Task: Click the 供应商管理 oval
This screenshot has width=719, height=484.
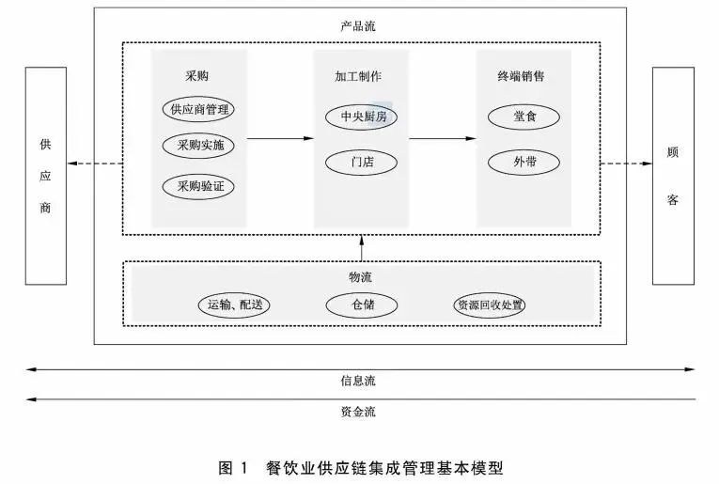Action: (x=197, y=110)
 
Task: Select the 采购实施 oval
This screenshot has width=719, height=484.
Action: (x=197, y=147)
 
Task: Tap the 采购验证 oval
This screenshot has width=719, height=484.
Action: (x=197, y=186)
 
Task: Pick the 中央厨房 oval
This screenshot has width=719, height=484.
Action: (x=362, y=117)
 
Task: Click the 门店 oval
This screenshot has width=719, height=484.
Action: (x=362, y=162)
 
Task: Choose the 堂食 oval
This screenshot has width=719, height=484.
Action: (x=524, y=117)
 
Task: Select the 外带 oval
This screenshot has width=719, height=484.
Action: (x=524, y=162)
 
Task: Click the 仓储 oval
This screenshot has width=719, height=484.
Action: (x=362, y=305)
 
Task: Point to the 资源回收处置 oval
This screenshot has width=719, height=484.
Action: (x=490, y=305)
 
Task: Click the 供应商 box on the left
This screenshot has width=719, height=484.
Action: (x=44, y=176)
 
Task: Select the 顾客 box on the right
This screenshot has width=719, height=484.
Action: (x=673, y=175)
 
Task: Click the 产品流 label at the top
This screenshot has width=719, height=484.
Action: (x=359, y=28)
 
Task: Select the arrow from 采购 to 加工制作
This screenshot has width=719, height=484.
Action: (x=280, y=139)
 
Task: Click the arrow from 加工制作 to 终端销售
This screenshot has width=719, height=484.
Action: (x=443, y=139)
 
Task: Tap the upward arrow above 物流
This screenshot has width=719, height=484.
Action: (x=361, y=248)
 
